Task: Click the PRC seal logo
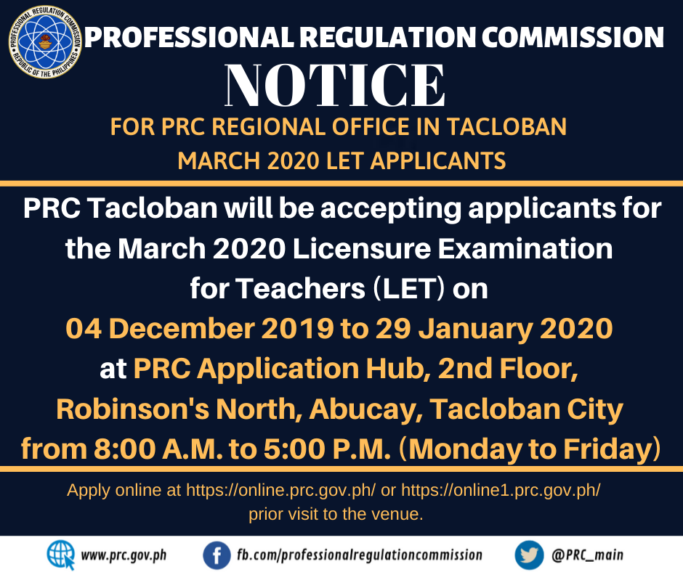[45, 42]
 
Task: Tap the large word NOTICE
[335, 86]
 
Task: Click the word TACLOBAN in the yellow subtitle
[506, 127]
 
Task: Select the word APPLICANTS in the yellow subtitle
[437, 160]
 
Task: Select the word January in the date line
[475, 329]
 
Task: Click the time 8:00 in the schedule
[124, 449]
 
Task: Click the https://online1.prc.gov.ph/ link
[501, 490]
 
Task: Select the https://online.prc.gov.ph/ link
[281, 490]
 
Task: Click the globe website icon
[61, 555]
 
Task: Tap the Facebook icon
[217, 555]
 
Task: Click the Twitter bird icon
[529, 555]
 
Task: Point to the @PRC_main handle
[587, 555]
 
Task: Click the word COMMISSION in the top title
[573, 37]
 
